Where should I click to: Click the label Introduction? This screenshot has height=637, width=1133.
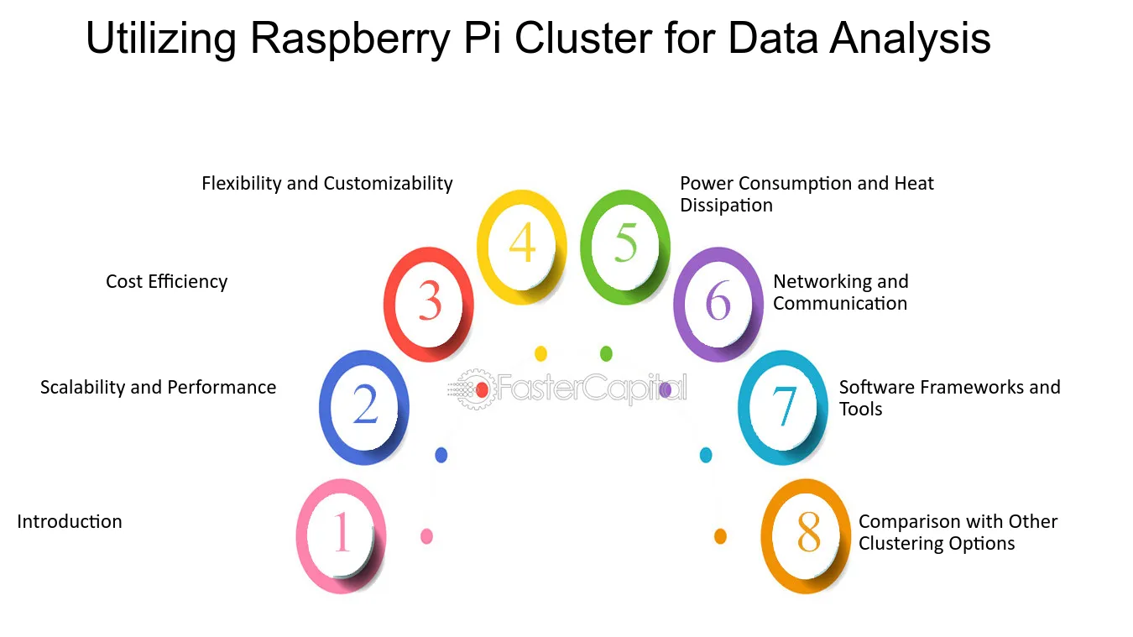pyautogui.click(x=70, y=522)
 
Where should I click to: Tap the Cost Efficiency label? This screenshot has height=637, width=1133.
pyautogui.click(x=166, y=282)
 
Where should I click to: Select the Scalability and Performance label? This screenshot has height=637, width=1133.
pyautogui.click(x=159, y=388)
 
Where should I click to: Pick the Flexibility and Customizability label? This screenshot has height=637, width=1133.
pyautogui.click(x=327, y=184)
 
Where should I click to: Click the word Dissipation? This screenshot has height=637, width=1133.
pyautogui.click(x=726, y=206)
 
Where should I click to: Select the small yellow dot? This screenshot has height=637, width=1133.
pyautogui.click(x=540, y=353)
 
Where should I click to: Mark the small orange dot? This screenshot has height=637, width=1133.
pyautogui.click(x=720, y=536)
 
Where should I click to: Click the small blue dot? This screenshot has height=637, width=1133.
pyautogui.click(x=441, y=455)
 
